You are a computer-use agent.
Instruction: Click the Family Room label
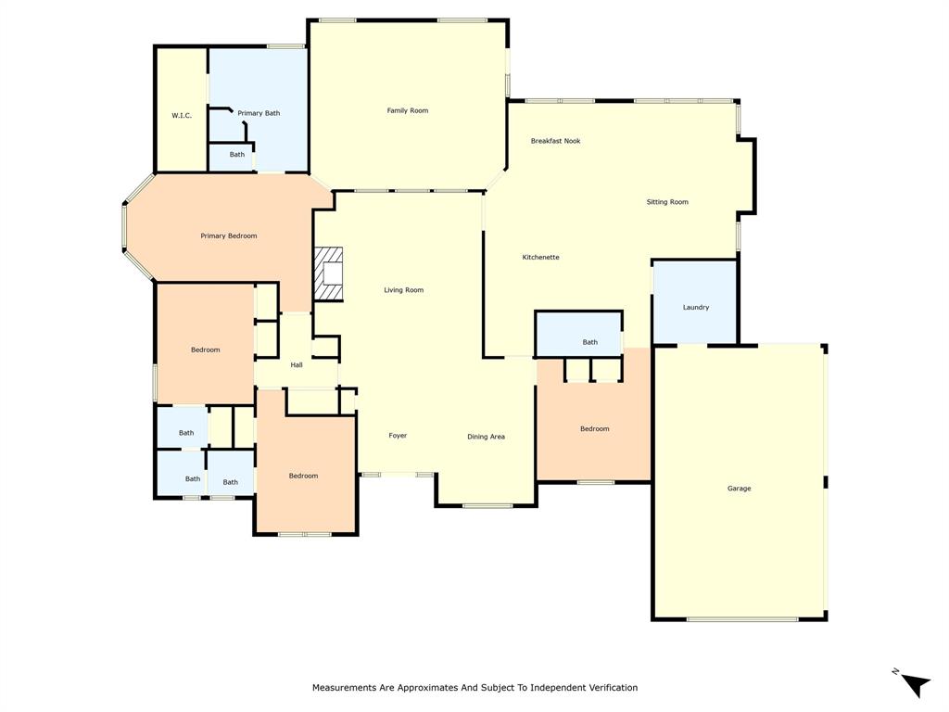(x=408, y=111)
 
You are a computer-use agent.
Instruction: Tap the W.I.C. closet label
(x=182, y=116)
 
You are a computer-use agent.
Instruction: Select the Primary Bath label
(x=259, y=113)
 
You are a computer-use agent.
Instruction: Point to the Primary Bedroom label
(x=229, y=236)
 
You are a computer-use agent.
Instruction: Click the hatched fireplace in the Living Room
(x=329, y=274)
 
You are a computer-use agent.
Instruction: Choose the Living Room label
(x=404, y=290)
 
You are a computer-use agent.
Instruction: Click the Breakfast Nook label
(x=555, y=141)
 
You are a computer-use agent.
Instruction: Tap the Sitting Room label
(x=667, y=202)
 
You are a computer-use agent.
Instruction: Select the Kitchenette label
(x=540, y=258)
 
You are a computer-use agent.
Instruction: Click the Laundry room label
(x=696, y=308)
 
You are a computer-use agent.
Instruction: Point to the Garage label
(x=739, y=489)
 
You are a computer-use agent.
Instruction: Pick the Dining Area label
(x=486, y=437)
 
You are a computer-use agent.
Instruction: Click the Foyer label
(x=398, y=436)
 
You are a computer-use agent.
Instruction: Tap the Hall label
(x=297, y=365)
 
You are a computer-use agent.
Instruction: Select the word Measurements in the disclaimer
(x=345, y=688)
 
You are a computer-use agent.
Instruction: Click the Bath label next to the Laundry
(x=590, y=342)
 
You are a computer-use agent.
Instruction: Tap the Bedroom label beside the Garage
(x=595, y=429)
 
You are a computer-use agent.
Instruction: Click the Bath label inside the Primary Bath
(x=237, y=155)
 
